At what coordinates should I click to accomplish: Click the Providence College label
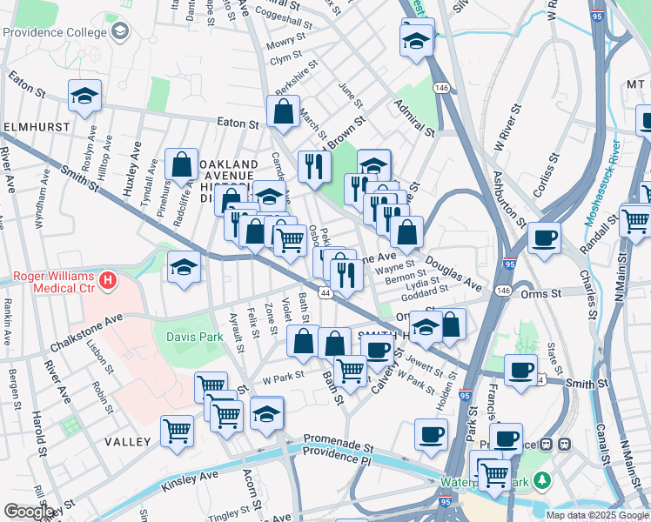[x=56, y=32]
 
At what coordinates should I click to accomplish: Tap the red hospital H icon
[x=107, y=280]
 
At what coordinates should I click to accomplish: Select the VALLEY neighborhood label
[x=128, y=442]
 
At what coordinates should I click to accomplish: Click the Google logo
[x=29, y=512]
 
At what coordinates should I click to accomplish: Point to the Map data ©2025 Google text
[x=596, y=515]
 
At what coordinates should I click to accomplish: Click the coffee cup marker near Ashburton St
[x=544, y=237]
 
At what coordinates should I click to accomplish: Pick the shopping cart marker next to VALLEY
[x=177, y=430]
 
